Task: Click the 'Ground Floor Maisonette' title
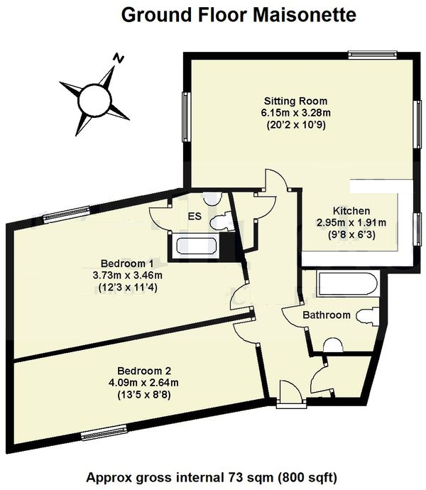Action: click(238, 16)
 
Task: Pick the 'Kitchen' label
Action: click(351, 211)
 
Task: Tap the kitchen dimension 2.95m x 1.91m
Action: click(351, 223)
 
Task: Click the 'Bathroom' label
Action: click(327, 315)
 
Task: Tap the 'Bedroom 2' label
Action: click(144, 371)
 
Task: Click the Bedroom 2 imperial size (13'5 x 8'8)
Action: click(144, 396)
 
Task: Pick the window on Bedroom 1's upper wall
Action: click(58, 218)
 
